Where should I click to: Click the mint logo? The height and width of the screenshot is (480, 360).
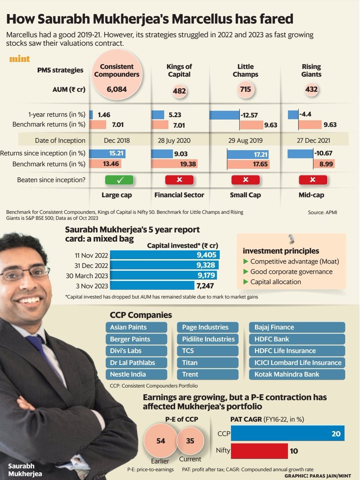click(x=20, y=60)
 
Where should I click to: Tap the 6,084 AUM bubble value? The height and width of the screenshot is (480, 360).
click(x=116, y=90)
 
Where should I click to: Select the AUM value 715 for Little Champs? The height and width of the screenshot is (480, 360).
click(x=245, y=89)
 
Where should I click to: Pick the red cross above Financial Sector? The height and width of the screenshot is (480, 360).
click(x=179, y=180)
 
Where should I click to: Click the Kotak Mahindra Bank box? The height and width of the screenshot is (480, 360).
click(x=297, y=374)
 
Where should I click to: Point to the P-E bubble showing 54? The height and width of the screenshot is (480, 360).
click(x=160, y=441)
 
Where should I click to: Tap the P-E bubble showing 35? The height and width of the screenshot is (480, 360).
click(x=190, y=441)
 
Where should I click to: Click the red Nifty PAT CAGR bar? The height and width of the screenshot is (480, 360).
click(x=259, y=451)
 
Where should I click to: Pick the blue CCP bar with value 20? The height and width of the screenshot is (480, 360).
click(x=287, y=433)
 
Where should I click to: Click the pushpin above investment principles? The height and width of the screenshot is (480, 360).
click(x=291, y=240)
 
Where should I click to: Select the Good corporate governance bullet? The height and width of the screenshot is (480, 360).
click(x=291, y=272)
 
